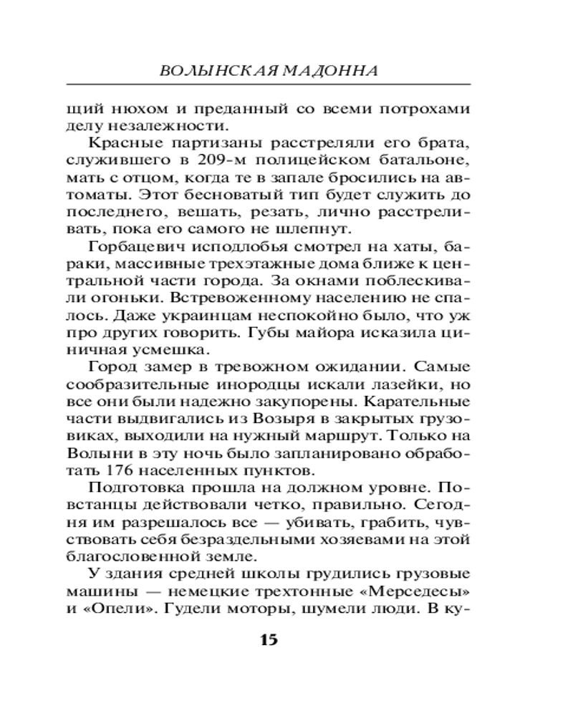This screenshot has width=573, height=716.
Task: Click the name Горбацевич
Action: [x=135, y=247]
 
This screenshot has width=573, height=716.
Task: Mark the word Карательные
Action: [x=421, y=399]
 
